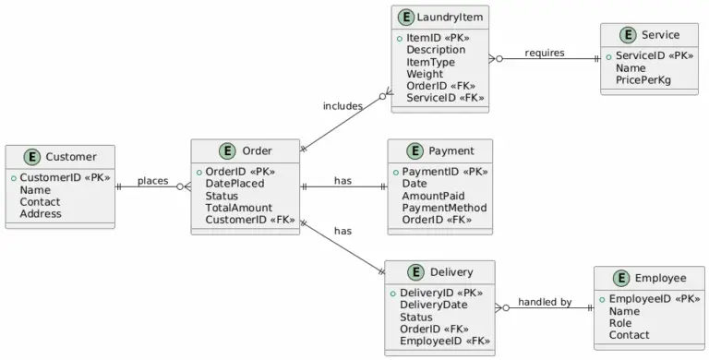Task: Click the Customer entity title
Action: point(70,158)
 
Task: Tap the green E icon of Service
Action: point(628,35)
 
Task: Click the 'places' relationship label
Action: point(152,181)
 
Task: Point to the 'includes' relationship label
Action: point(342,106)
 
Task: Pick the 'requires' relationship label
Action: point(545,53)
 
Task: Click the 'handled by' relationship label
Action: point(545,302)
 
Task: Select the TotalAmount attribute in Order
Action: point(238,208)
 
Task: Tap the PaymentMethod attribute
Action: point(444,208)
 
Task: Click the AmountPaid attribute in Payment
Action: point(434,196)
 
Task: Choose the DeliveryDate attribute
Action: point(433,305)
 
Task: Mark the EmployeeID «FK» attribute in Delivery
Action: point(444,341)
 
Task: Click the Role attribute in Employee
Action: point(620,323)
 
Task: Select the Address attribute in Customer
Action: point(41,213)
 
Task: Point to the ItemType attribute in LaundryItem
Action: point(430,62)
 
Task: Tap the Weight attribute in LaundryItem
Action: point(425,74)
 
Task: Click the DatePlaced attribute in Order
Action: point(234,184)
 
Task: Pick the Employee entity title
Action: point(660,278)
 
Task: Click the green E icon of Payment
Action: point(414,151)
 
